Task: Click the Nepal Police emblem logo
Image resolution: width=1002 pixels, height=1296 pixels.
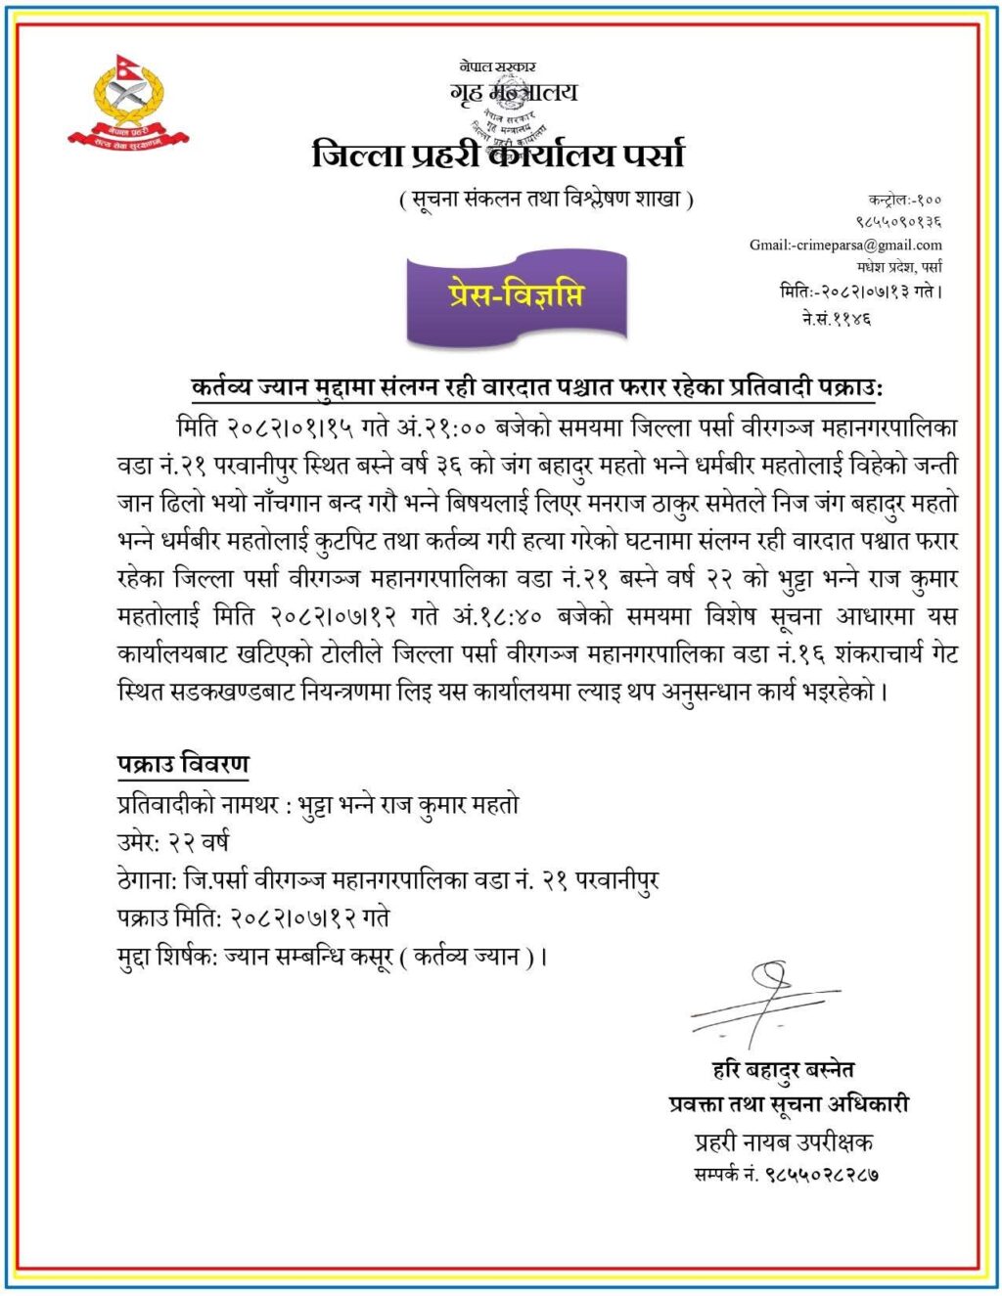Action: click(128, 102)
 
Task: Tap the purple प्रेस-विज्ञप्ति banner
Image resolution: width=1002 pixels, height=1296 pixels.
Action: click(516, 295)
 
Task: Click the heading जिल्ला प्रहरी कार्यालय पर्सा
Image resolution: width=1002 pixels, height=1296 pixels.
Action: click(498, 155)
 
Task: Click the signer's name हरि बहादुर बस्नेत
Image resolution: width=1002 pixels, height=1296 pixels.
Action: click(783, 1069)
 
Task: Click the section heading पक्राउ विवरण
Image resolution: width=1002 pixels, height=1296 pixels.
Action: click(183, 765)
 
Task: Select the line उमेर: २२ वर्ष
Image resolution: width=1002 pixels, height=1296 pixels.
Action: click(172, 842)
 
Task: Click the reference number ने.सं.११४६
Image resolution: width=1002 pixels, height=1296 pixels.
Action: click(836, 318)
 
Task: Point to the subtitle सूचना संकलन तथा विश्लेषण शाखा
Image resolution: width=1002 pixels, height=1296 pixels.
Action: click(547, 201)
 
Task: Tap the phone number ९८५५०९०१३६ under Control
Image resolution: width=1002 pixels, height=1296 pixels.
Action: click(899, 223)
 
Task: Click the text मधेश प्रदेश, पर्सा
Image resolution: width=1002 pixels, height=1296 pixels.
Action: click(899, 267)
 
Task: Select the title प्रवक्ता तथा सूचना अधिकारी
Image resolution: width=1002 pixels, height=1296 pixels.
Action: click(789, 1104)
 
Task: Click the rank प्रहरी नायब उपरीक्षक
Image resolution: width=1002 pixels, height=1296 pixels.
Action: click(783, 1140)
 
